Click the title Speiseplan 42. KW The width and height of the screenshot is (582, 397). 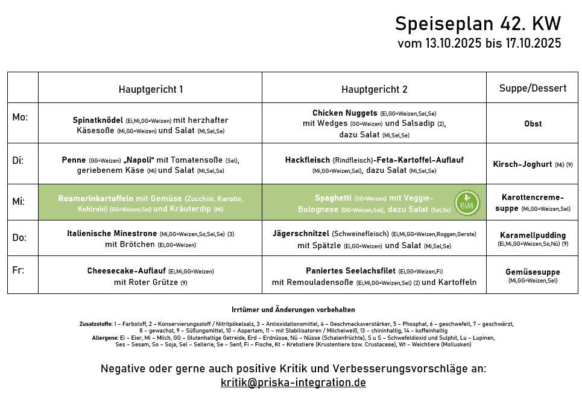[x=478, y=24]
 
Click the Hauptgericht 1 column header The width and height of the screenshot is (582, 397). [x=150, y=89]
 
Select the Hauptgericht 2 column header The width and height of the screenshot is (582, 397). [x=374, y=89]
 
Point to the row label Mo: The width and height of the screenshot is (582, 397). [x=20, y=117]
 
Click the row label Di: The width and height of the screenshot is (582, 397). [x=19, y=160]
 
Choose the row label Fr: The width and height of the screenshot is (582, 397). [x=18, y=270]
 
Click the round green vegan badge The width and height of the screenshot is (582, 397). [x=467, y=202]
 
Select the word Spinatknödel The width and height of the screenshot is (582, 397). [x=98, y=120]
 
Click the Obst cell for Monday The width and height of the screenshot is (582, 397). [x=533, y=123]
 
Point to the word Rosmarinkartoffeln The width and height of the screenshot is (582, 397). [x=96, y=198]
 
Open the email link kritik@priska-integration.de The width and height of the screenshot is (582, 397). [x=293, y=383]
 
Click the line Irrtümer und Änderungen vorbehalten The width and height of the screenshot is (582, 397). [x=293, y=309]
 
